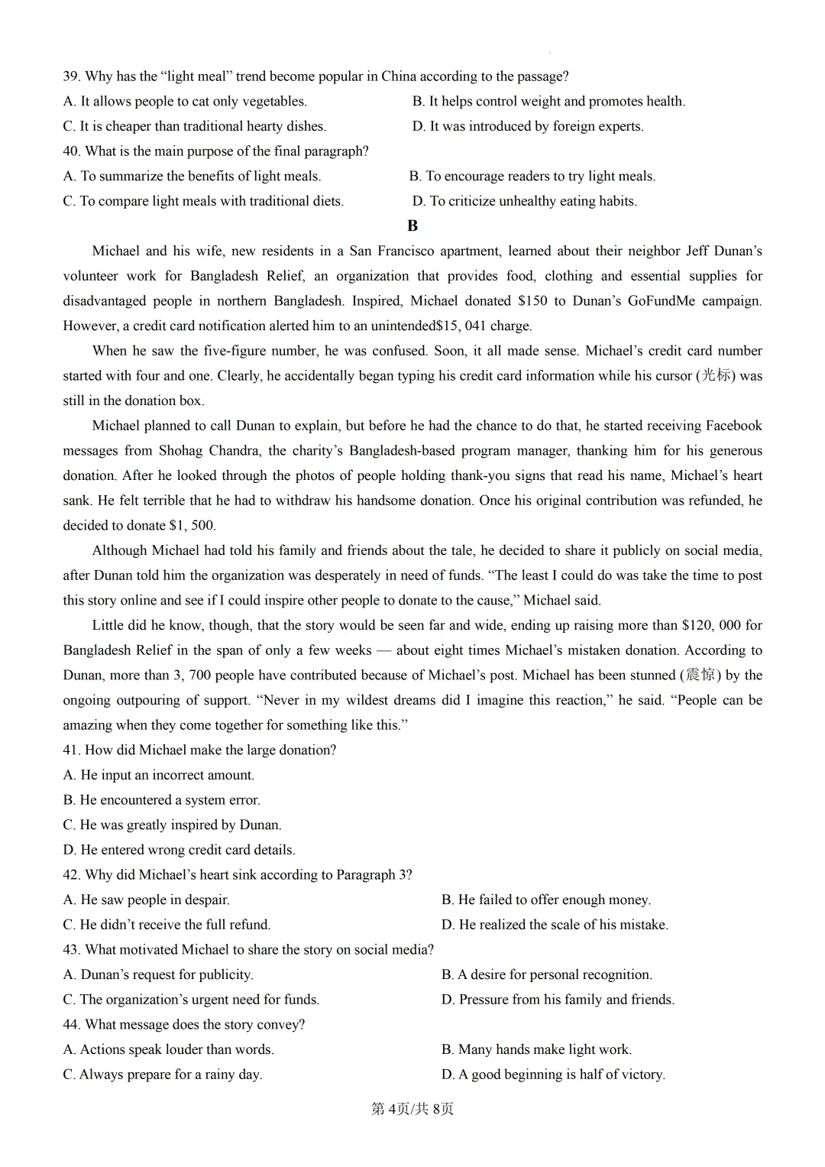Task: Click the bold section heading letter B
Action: (x=412, y=226)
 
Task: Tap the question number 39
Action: (x=71, y=76)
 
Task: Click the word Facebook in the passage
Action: (x=733, y=426)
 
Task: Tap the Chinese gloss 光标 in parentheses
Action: (x=716, y=375)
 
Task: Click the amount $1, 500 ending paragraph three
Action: (x=192, y=526)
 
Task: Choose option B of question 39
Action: (x=548, y=102)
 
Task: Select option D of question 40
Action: (x=524, y=201)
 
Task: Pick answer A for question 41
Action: (x=158, y=775)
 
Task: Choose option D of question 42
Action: (x=555, y=925)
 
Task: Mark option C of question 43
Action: (x=191, y=1000)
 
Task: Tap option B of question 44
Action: (x=536, y=1049)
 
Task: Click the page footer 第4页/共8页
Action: (x=412, y=1108)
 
